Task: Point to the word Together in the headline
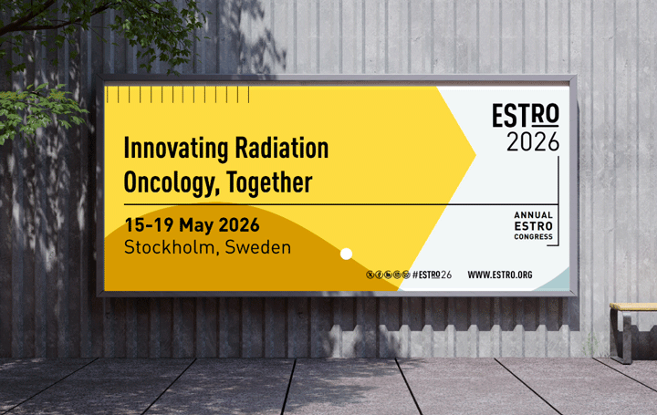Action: pos(270,182)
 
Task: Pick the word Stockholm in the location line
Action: pos(167,247)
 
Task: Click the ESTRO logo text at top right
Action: pos(525,116)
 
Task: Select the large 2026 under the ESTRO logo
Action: pos(533,142)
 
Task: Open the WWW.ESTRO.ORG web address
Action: pos(499,275)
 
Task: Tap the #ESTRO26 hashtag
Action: pos(432,275)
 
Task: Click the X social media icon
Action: pos(370,275)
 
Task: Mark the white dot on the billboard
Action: pos(346,254)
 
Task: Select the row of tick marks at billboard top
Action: pos(177,95)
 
